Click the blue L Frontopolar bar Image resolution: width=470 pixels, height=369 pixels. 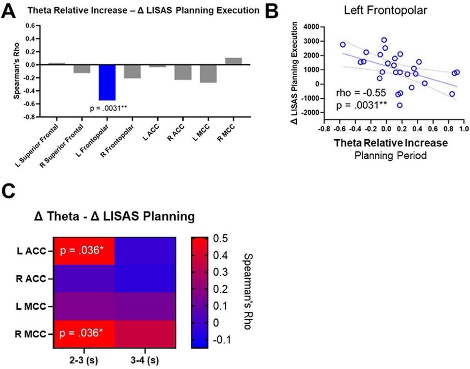107,82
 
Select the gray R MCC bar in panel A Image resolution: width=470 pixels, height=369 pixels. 233,61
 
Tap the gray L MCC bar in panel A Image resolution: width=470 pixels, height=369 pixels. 208,73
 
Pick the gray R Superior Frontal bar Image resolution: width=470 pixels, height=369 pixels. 82,69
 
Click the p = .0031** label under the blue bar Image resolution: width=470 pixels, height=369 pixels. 108,108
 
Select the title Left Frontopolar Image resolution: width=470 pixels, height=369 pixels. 385,10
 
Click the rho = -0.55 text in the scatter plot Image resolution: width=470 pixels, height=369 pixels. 361,93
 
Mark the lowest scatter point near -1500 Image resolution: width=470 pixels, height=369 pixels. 399,105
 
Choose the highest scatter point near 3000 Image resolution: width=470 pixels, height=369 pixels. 384,40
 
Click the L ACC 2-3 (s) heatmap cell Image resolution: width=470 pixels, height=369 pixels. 84,251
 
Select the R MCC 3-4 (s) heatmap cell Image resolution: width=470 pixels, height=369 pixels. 145,334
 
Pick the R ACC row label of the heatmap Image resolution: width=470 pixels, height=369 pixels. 31,279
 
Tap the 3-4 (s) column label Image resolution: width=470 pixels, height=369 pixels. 145,360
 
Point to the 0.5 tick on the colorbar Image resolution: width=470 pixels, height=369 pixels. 220,238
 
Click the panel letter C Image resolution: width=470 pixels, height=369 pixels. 8,191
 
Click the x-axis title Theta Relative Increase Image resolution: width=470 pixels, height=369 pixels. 391,143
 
